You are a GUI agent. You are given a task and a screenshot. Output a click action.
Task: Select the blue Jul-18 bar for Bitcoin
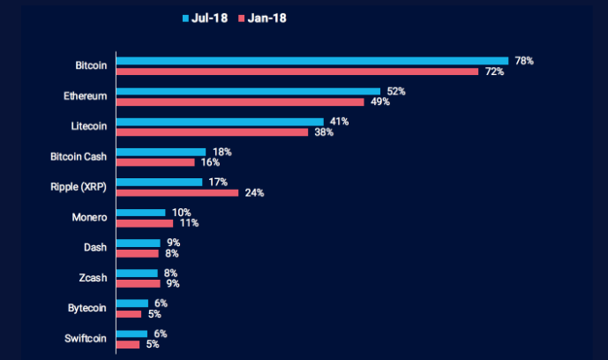(x=312, y=61)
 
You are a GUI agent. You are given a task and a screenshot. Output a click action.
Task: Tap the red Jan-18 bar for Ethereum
(x=242, y=101)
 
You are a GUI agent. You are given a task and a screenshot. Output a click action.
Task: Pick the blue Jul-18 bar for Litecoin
(x=221, y=122)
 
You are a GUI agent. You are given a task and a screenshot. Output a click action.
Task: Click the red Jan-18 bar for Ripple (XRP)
(x=177, y=192)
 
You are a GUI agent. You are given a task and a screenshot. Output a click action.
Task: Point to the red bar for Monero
(x=145, y=223)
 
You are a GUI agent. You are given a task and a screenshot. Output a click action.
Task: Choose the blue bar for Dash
(x=139, y=243)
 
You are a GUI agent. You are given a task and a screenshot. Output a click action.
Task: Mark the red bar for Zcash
(x=139, y=283)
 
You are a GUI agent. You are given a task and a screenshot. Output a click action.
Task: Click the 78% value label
(x=524, y=60)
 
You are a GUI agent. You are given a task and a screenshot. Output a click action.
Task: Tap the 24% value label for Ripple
(x=254, y=192)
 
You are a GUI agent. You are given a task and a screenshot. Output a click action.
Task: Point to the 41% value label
(x=338, y=121)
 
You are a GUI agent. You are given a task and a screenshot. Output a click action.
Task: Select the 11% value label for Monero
(x=188, y=223)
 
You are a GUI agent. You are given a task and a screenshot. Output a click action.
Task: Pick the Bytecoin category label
(x=87, y=308)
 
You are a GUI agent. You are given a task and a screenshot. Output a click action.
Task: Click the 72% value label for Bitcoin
(x=493, y=71)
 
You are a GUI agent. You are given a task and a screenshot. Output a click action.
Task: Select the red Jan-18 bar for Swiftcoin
(x=128, y=344)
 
